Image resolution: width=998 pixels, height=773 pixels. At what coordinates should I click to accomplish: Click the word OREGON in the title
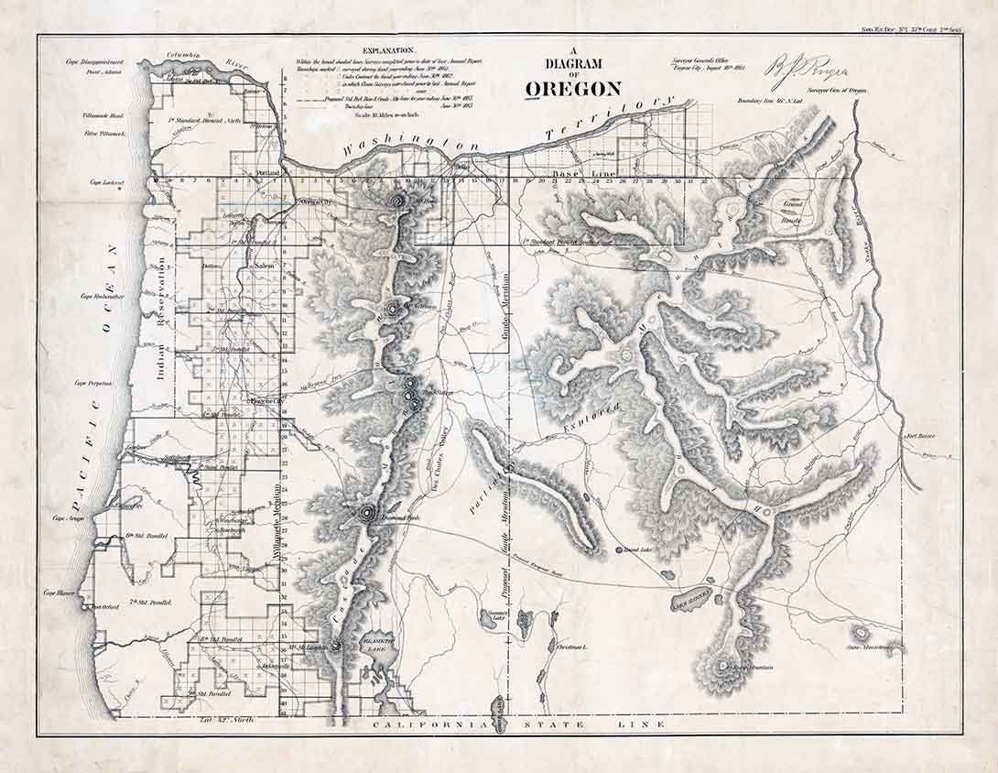(x=573, y=88)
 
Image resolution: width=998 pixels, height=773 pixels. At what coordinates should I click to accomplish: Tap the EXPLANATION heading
(x=388, y=50)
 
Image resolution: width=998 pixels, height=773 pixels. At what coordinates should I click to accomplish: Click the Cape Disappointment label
(x=92, y=61)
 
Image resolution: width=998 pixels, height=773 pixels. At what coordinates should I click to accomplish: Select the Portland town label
(x=269, y=172)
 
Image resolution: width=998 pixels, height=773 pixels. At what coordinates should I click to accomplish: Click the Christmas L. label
(x=572, y=648)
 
